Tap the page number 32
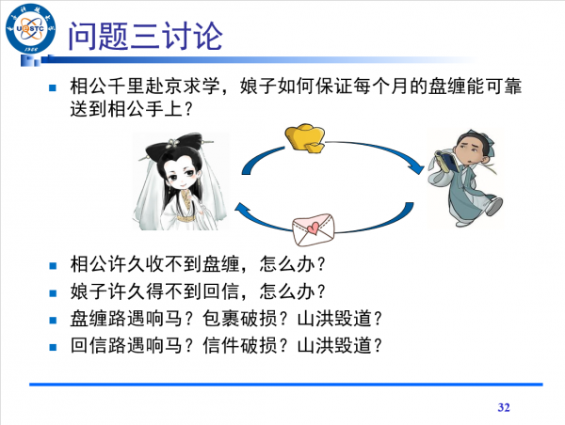click(503, 407)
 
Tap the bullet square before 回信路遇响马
click(54, 346)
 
